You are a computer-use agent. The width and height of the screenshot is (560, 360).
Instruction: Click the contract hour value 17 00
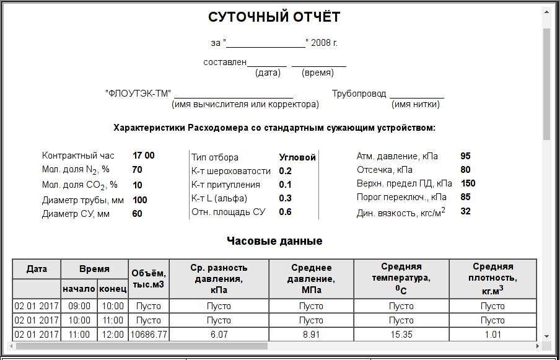click(144, 156)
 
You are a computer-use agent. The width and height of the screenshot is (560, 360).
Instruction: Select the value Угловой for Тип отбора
click(297, 157)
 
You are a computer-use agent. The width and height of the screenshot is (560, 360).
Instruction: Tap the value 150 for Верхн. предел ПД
click(468, 183)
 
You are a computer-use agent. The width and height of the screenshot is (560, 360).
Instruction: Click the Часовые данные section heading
click(274, 241)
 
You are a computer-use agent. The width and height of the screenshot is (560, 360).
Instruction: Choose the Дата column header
click(37, 269)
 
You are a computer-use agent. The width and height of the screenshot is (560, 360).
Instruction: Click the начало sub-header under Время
click(79, 289)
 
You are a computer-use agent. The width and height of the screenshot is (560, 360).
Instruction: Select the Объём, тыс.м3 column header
click(148, 278)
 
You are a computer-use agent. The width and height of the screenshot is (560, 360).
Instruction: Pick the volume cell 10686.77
click(148, 334)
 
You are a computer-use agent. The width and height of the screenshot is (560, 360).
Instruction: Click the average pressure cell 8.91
click(311, 334)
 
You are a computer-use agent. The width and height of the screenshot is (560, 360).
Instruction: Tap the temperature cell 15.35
click(401, 334)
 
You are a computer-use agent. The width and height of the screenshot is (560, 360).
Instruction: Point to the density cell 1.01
click(492, 334)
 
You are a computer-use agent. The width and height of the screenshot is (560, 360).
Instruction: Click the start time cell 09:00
click(79, 306)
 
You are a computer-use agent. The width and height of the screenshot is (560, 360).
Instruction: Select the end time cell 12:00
click(112, 334)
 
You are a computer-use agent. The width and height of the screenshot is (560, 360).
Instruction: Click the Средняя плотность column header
click(492, 278)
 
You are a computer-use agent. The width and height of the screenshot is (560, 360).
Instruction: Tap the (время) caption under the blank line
click(317, 73)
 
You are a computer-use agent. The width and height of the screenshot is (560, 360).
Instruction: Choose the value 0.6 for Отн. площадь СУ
click(285, 212)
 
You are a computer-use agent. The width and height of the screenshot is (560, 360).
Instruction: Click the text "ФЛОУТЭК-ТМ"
click(138, 94)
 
